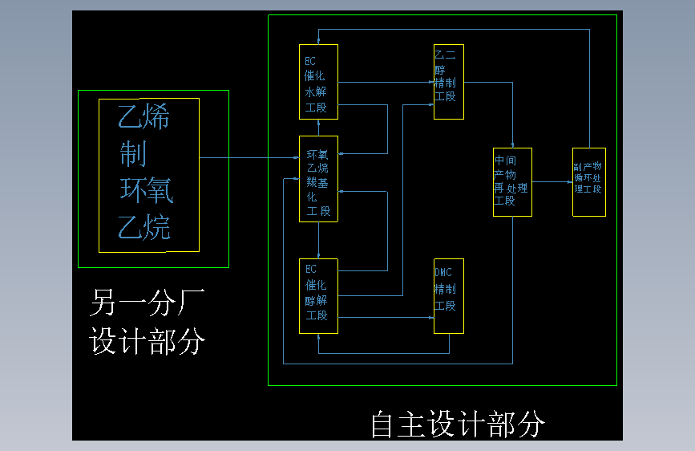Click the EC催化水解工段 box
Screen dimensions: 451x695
coord(318,82)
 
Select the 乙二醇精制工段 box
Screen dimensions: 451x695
coord(448,82)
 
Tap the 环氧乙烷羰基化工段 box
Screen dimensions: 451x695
coord(318,178)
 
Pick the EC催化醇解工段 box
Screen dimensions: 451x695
coord(318,295)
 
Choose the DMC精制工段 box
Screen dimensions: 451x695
coord(448,295)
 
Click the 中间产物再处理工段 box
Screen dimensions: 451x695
coord(511,181)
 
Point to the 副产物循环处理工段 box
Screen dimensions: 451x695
coord(588,181)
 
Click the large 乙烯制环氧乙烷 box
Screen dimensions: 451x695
coord(148,175)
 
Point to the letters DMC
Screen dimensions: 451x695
coord(442,272)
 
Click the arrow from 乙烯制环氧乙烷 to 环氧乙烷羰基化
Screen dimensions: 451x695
coord(249,158)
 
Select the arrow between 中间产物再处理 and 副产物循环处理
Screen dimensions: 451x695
coord(552,182)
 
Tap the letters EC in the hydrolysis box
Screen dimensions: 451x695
coord(310,60)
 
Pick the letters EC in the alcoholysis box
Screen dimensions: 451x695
coord(310,270)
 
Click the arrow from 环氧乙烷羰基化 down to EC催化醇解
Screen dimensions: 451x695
coord(318,240)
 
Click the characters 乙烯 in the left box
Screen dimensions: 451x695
coord(144,119)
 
